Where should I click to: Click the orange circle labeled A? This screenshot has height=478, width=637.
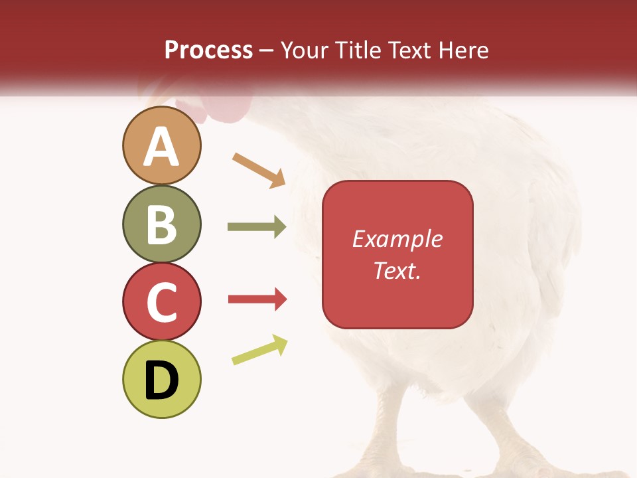coord(161,145)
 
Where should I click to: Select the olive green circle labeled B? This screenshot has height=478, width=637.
coord(161,224)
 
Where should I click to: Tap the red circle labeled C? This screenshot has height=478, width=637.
coord(161,301)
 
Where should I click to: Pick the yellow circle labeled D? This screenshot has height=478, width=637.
coord(161,379)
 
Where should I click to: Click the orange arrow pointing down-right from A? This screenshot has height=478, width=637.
coord(259,170)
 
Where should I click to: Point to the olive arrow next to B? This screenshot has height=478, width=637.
coord(256,227)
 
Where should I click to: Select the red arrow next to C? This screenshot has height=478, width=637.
coord(257,299)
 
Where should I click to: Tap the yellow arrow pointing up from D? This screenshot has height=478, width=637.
coord(259,350)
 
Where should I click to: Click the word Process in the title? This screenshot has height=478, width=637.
coord(208,50)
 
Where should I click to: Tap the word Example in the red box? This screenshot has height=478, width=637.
coord(397,239)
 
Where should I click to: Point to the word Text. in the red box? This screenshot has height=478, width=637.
coord(397,270)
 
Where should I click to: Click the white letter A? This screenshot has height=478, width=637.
coord(161,147)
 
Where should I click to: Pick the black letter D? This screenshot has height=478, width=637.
coord(161,380)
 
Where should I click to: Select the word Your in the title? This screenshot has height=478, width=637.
coord(303,50)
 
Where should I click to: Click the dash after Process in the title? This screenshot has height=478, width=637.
coord(267,50)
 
